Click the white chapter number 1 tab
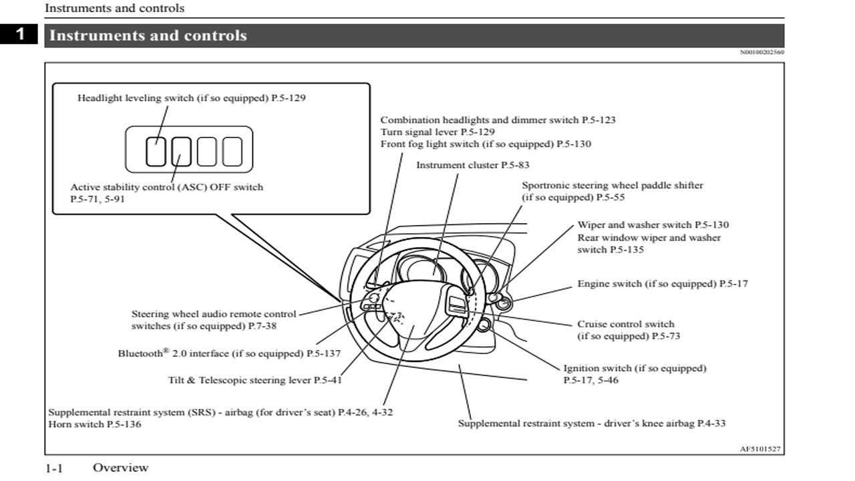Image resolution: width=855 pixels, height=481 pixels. tap(21, 34)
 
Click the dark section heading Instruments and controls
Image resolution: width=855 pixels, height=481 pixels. tap(148, 36)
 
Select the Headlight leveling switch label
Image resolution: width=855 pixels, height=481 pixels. tap(191, 98)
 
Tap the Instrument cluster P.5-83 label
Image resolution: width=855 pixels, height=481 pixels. tap(472, 165)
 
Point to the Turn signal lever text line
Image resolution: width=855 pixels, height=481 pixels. tap(438, 132)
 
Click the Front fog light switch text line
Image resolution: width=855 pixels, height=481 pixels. tap(485, 144)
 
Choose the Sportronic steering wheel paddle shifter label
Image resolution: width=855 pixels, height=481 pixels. tap(612, 192)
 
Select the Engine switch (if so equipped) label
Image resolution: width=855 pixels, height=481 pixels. tap(662, 284)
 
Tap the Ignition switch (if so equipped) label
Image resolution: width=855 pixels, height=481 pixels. tap(634, 374)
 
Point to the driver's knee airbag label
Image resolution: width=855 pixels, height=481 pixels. tap(591, 423)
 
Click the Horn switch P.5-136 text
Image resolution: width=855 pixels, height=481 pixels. tap(95, 424)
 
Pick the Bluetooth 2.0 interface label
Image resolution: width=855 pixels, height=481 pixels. tap(229, 353)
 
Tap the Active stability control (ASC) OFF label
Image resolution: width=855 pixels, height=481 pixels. tap(166, 193)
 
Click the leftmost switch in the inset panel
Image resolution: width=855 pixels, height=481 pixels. tap(156, 151)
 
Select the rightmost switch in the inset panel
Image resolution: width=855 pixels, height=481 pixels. tap(232, 151)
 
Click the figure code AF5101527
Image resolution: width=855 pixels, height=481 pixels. tap(759, 449)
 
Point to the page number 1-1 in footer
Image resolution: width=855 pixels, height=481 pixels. tap(54, 468)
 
